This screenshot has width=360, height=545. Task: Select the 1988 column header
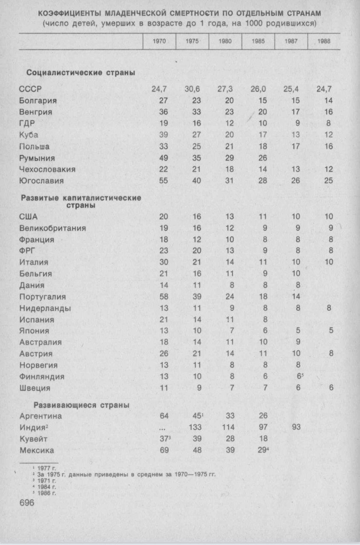325,43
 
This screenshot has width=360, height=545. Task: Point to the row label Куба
29,135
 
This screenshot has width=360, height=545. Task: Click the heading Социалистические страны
81,73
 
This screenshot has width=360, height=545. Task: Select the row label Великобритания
52,228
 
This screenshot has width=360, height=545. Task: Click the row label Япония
34,331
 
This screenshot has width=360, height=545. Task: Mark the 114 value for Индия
228,427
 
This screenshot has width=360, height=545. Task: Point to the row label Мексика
37,450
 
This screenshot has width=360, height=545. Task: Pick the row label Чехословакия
48,169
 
